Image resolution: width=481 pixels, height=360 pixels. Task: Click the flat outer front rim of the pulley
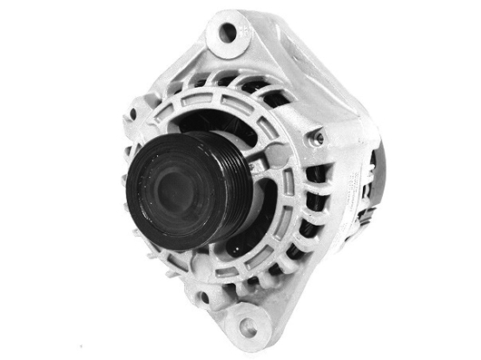click(x=145, y=218)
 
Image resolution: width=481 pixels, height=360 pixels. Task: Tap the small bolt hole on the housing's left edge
click(x=133, y=115)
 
